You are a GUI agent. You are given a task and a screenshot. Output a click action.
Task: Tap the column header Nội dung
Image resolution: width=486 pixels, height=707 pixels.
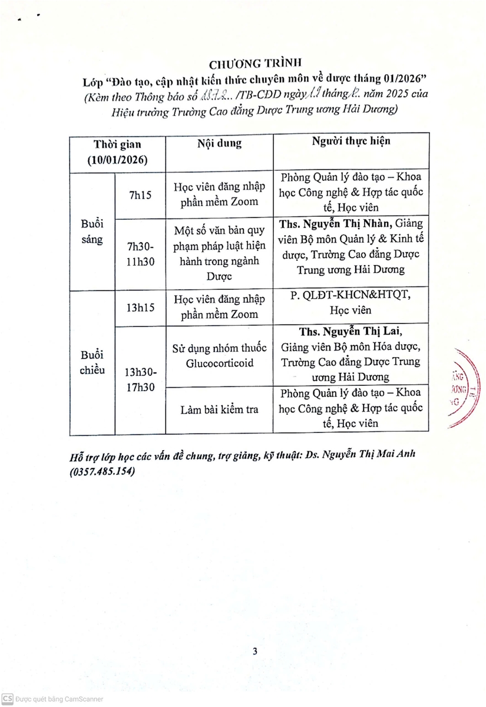[x=219, y=143]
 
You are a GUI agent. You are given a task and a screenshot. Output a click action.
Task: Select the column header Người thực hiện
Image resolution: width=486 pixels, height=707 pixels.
[x=351, y=141]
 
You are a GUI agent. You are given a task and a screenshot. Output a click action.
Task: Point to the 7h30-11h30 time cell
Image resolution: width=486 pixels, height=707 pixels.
[x=140, y=255]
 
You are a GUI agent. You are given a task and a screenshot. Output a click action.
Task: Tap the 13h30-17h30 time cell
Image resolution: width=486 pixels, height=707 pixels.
[x=140, y=380]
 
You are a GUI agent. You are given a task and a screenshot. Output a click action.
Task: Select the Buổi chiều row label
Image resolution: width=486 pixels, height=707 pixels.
[x=92, y=362]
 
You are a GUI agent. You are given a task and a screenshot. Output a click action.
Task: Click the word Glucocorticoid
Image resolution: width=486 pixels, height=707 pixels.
[x=219, y=363]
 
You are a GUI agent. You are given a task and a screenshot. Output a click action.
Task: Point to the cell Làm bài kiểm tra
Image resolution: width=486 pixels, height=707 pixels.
[x=219, y=409]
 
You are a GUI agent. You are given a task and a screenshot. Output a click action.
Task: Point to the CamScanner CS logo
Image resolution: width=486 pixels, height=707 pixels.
[x=7, y=698]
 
